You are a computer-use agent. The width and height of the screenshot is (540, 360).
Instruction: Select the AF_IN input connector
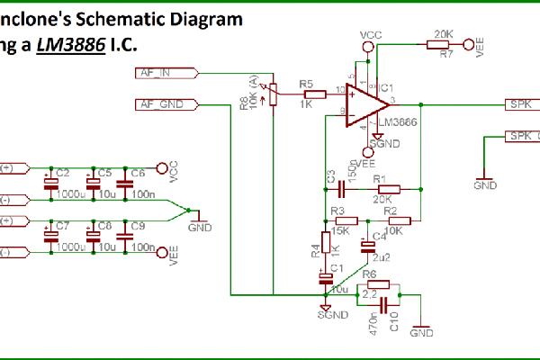[161, 73]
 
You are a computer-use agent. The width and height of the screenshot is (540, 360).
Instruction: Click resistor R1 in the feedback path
[380, 190]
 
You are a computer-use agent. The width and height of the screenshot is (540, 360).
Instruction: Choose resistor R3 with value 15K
[347, 220]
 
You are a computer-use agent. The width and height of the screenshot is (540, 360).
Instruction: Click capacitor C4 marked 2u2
[368, 244]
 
